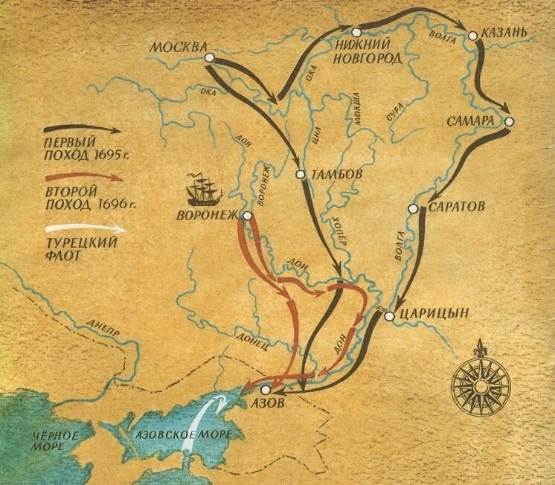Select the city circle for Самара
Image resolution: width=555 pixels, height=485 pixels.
click(510, 121)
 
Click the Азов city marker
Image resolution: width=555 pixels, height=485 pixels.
click(265, 389)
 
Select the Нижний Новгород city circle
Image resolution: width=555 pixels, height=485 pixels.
click(356, 31)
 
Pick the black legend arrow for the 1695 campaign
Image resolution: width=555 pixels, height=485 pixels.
click(82, 129)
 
